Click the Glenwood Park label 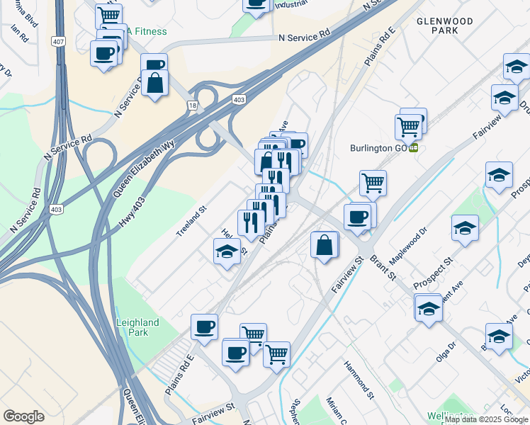(x=448, y=25)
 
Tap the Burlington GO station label (x=380, y=148)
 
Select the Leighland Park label (x=137, y=328)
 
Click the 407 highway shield (x=58, y=42)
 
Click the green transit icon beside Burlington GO (x=413, y=148)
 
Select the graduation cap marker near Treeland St (x=226, y=251)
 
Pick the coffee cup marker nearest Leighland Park (x=204, y=327)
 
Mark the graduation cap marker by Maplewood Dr (x=464, y=228)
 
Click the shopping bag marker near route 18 (x=154, y=83)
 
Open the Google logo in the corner (x=23, y=416)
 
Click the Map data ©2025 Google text (x=487, y=419)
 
